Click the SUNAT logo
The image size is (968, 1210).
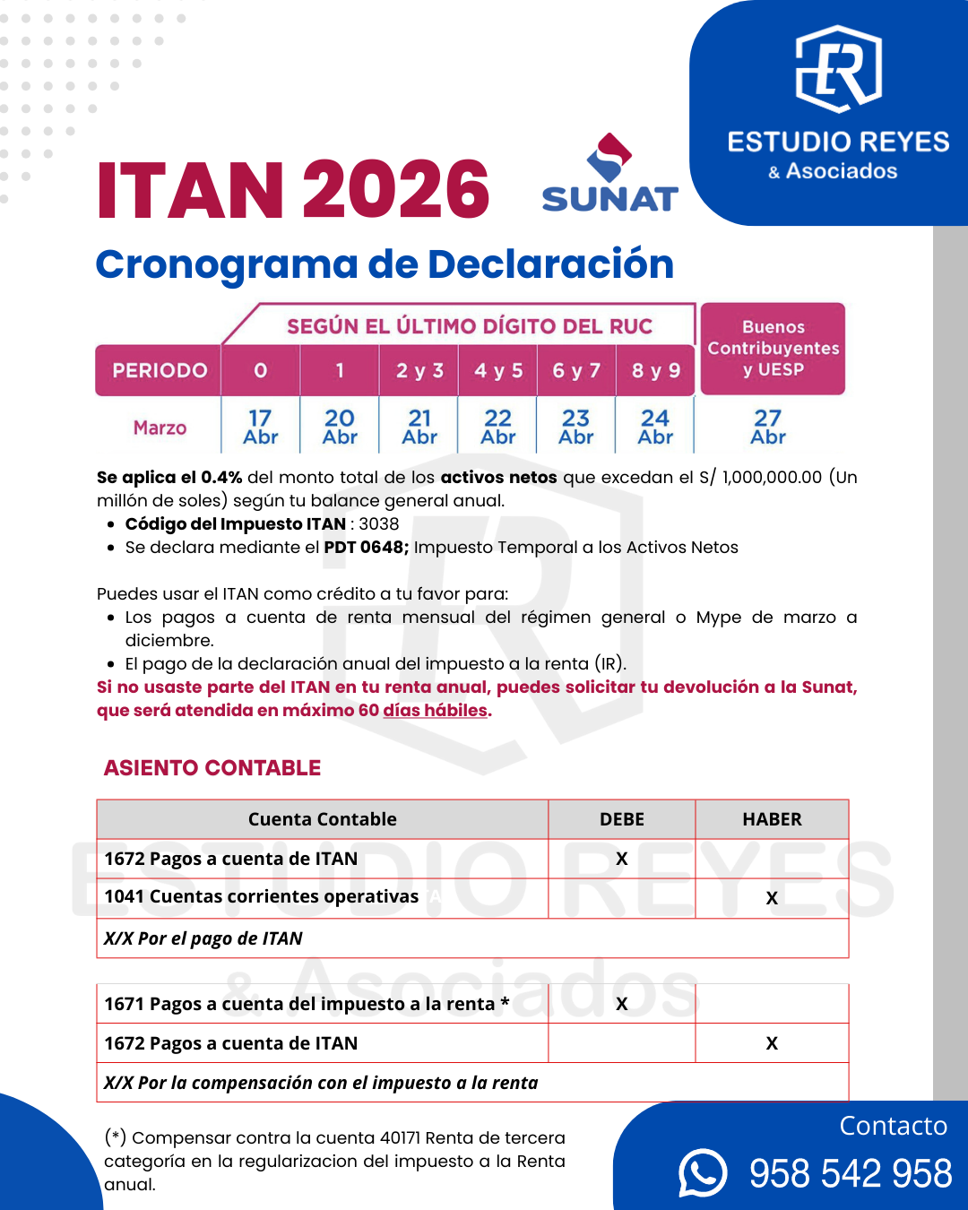(x=609, y=175)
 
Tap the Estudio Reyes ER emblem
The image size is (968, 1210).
(x=839, y=69)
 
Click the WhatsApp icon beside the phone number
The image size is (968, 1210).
(x=703, y=1172)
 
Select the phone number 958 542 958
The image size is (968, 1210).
(x=851, y=1173)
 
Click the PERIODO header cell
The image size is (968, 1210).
(x=160, y=370)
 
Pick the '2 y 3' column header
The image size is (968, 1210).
(x=419, y=370)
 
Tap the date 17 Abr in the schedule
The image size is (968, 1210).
(x=261, y=427)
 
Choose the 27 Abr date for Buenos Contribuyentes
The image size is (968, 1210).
(x=768, y=427)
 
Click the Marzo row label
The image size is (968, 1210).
(x=160, y=428)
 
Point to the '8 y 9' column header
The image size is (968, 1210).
(x=656, y=370)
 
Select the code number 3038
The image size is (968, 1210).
(x=379, y=523)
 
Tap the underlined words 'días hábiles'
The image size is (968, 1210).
(x=435, y=710)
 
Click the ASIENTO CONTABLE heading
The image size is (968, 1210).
(x=212, y=768)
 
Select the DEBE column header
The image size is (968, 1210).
(x=622, y=819)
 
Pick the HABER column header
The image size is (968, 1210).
(x=772, y=819)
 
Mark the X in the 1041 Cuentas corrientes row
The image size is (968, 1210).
(x=772, y=898)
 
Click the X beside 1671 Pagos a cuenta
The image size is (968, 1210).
(x=622, y=1004)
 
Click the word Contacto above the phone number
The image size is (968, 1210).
(x=893, y=1126)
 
